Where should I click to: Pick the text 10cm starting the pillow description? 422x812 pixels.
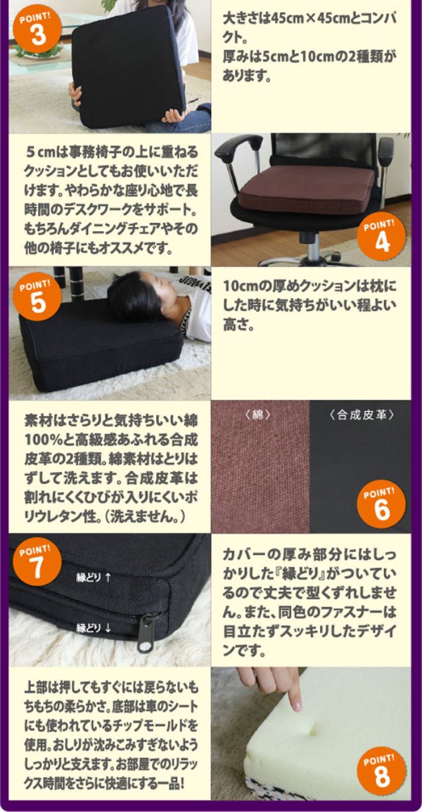[237, 287]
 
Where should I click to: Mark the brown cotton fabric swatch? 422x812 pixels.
[260, 471]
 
